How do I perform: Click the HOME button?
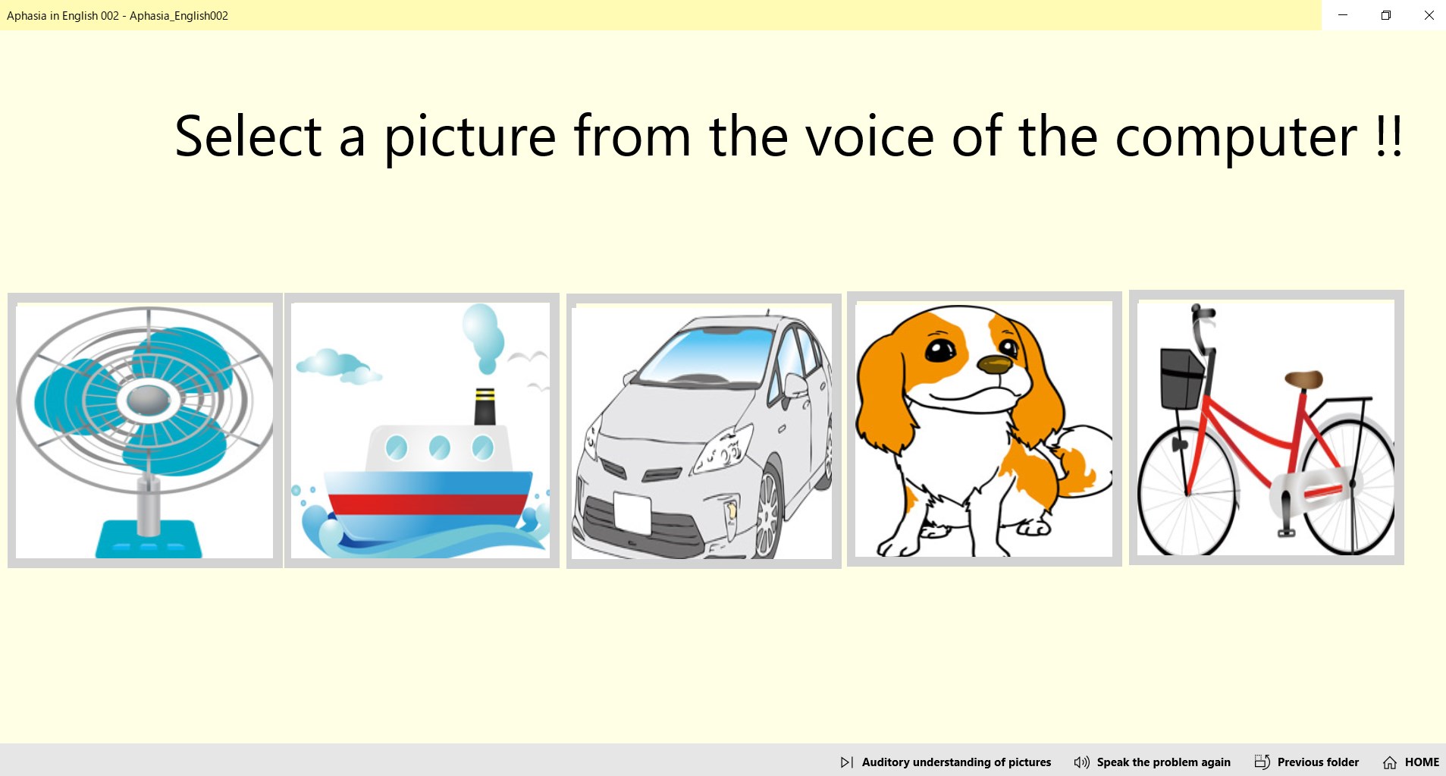coord(1411,762)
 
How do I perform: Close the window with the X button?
coord(1429,15)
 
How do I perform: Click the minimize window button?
coord(1343,15)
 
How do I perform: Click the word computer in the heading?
coord(1235,137)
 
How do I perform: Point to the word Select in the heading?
coord(248,137)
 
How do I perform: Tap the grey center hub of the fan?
coord(148,398)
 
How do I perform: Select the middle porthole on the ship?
coord(440,448)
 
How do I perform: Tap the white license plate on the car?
coord(632,512)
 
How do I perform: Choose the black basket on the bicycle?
coord(1181,378)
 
